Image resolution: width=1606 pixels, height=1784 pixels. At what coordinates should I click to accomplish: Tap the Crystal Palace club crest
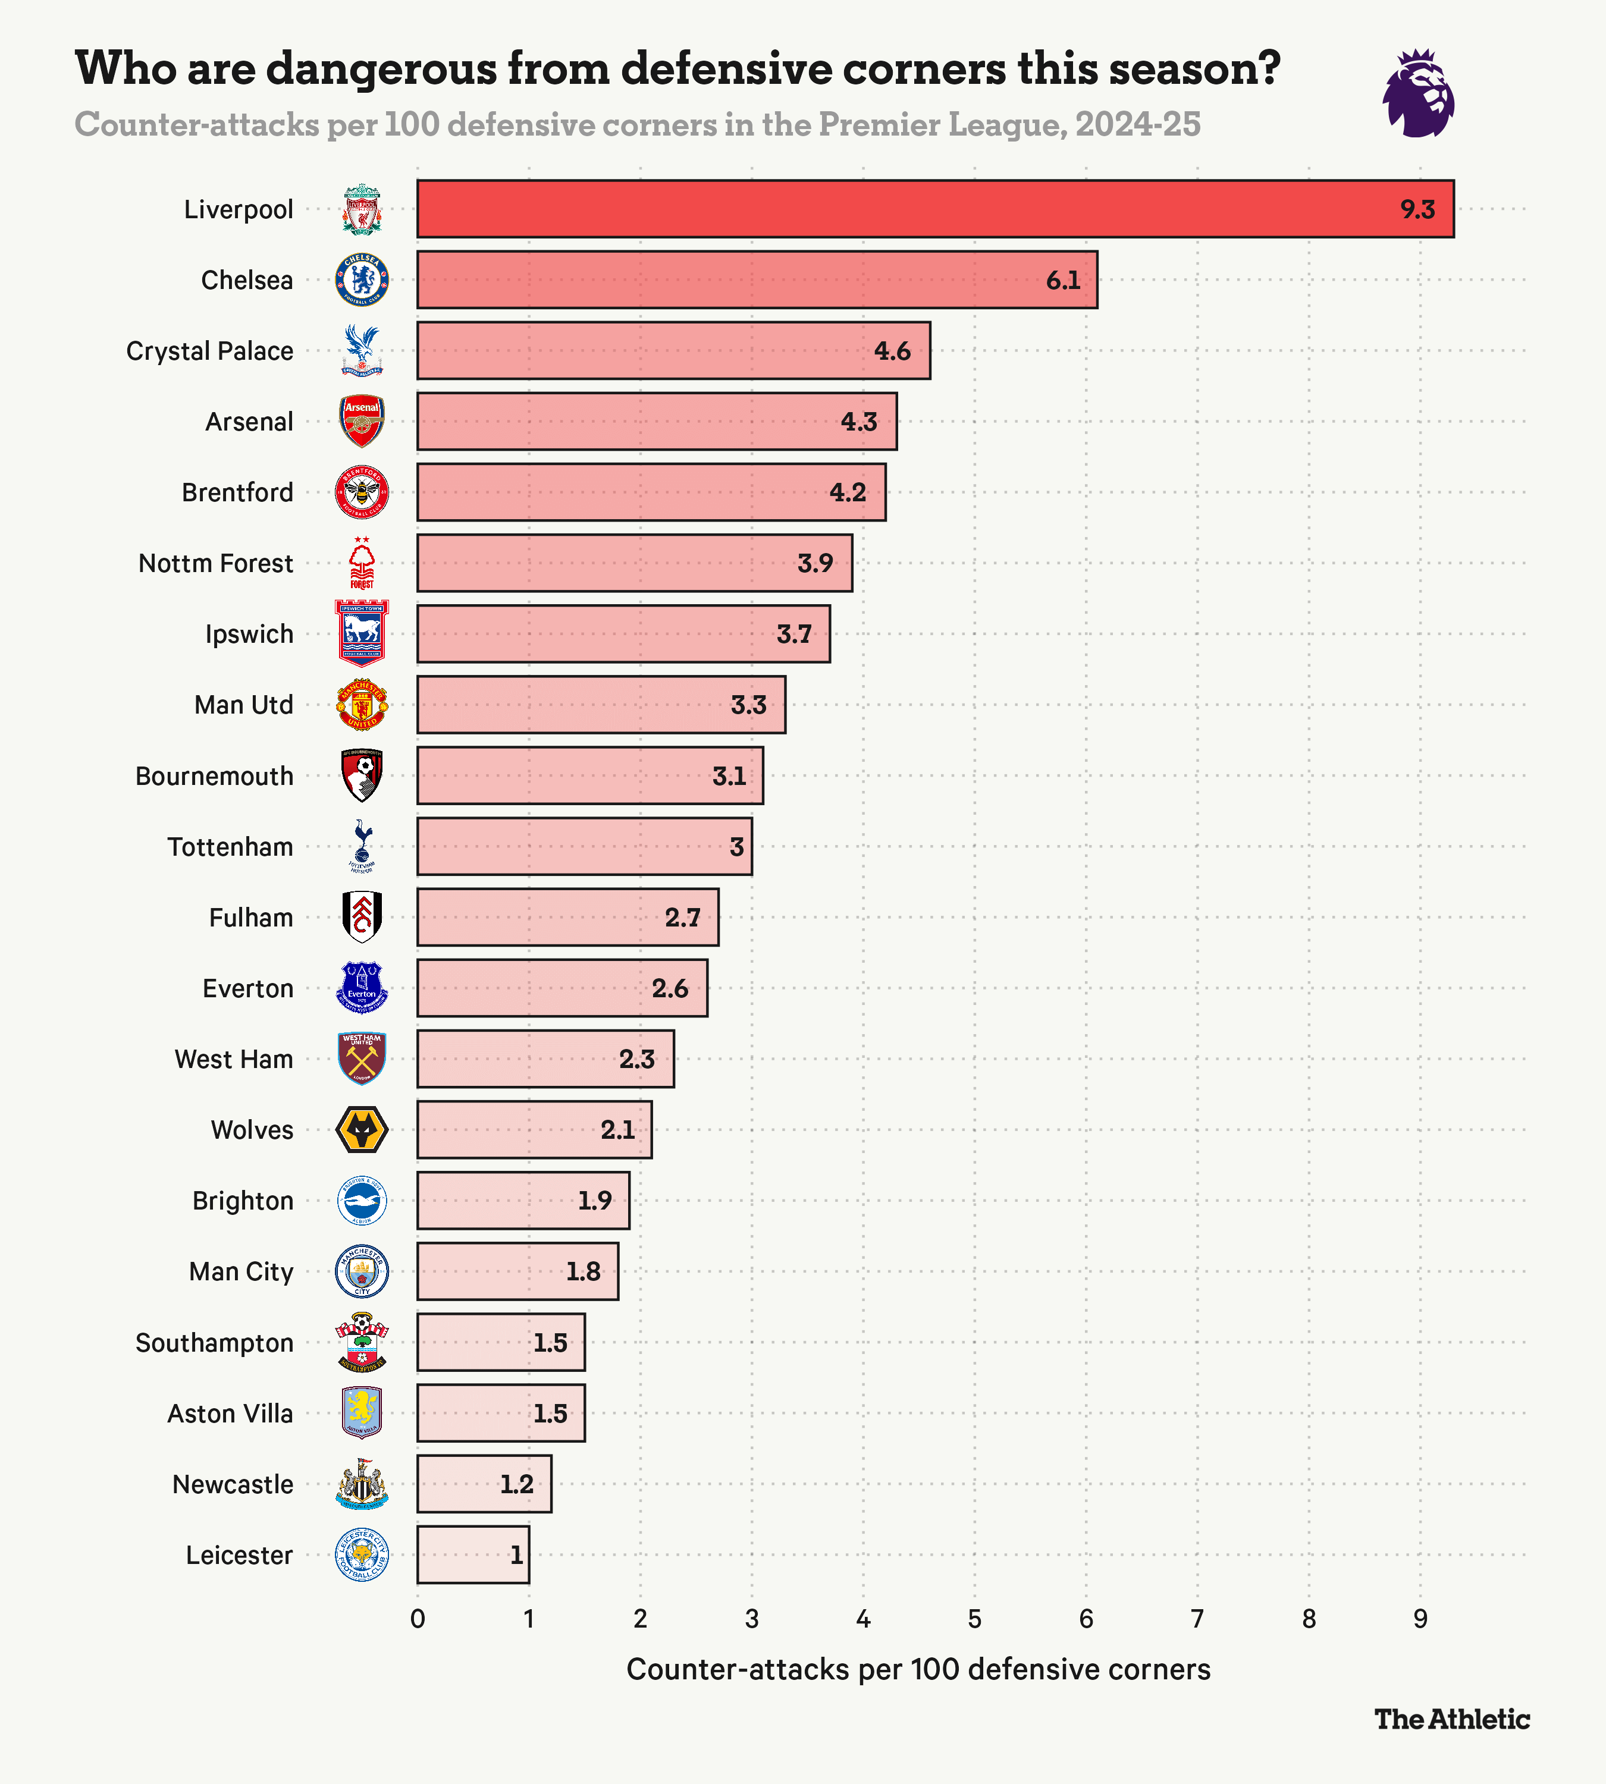[362, 350]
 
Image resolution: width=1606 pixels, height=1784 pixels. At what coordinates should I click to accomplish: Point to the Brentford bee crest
[362, 492]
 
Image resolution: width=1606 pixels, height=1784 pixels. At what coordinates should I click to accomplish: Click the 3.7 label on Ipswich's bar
[793, 635]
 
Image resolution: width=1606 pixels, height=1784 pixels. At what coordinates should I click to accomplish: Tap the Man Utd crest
[362, 705]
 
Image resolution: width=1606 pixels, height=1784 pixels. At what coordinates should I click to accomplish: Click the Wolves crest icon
[362, 1130]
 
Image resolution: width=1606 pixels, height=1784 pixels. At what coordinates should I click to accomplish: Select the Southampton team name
[214, 1343]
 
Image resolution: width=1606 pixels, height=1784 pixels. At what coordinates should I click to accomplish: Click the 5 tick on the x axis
[974, 1619]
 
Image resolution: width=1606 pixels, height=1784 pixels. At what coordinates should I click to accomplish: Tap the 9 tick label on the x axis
[1420, 1619]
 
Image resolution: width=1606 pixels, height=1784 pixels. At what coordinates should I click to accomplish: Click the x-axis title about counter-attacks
[918, 1669]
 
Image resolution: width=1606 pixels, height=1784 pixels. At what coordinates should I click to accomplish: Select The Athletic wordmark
[1451, 1719]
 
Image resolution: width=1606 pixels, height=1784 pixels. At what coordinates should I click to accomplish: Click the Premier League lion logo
[1418, 93]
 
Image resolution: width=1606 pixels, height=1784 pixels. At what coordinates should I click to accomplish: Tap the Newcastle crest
[362, 1484]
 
